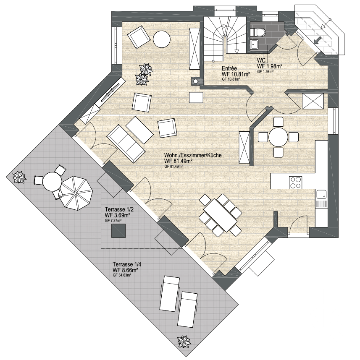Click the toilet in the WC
click(258, 32)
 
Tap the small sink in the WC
click(255, 44)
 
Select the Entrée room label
click(229, 68)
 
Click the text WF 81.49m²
click(178, 161)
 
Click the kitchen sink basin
click(321, 195)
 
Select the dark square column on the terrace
click(118, 231)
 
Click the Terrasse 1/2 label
click(119, 209)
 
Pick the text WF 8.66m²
click(125, 269)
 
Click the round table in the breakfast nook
click(278, 137)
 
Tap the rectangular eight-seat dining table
click(220, 215)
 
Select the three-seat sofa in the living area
click(126, 143)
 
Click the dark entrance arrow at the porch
click(317, 40)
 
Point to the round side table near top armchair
click(162, 39)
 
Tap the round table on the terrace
click(53, 182)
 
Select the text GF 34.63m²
click(122, 275)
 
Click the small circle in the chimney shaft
click(196, 81)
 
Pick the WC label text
click(261, 60)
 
